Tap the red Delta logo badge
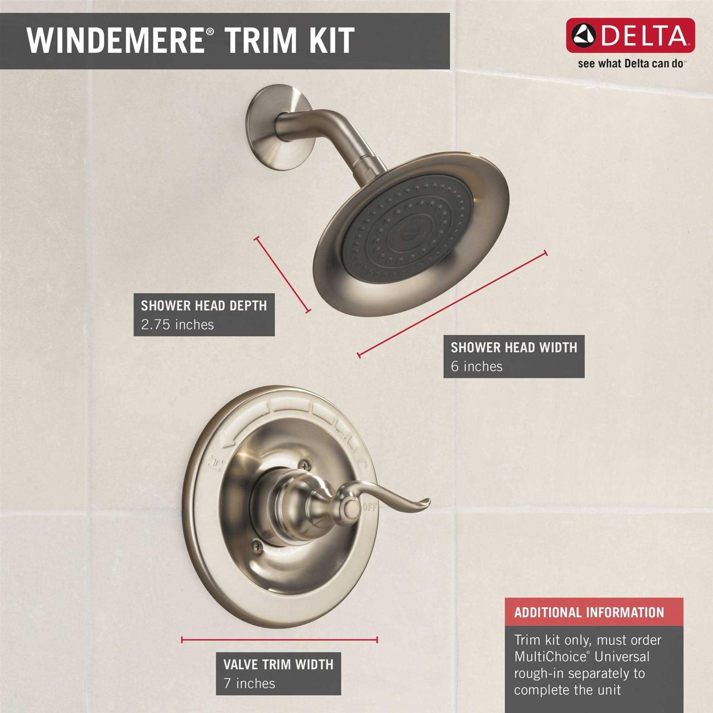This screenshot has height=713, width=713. tap(630, 36)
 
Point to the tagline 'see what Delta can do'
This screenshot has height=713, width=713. tap(631, 63)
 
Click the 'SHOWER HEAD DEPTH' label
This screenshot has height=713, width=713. tap(204, 306)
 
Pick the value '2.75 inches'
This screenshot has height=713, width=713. tap(177, 325)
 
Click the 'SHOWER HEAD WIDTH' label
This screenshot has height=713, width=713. tap(514, 347)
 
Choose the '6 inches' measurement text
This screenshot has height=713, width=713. tap(477, 366)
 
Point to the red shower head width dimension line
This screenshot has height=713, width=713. tap(452, 304)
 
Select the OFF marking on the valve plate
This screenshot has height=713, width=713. tap(370, 507)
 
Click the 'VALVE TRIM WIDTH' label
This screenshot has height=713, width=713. tap(279, 665)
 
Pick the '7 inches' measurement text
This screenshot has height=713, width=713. tap(250, 684)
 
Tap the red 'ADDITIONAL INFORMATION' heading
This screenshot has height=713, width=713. tap(589, 612)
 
